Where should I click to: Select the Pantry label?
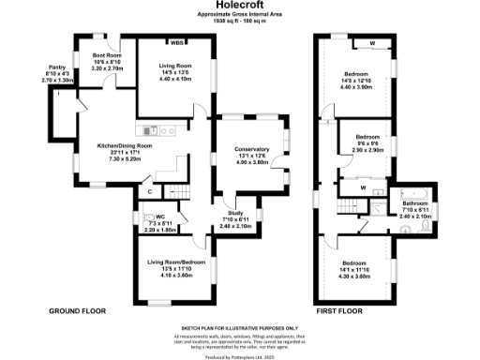57,67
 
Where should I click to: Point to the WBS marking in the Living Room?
175,42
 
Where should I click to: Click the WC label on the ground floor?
160,217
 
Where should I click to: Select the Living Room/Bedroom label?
171,266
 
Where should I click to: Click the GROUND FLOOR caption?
76,309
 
